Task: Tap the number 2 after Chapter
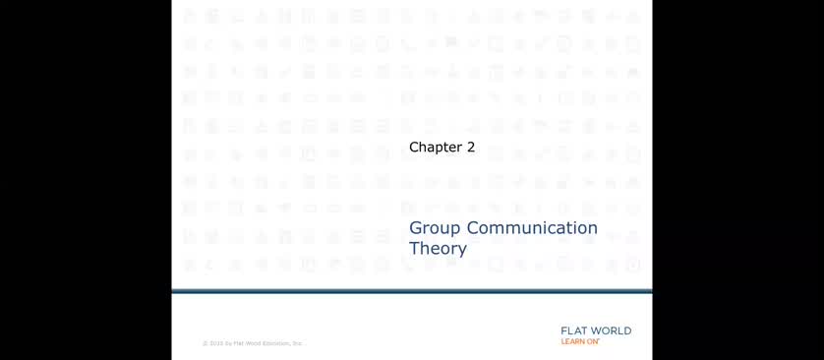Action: (471, 148)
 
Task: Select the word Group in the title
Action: (436, 229)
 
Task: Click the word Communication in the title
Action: (532, 228)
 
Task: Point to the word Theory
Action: (438, 249)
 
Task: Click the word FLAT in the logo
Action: (573, 331)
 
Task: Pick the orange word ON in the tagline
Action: (593, 342)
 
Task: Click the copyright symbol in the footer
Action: (205, 343)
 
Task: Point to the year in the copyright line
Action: (215, 343)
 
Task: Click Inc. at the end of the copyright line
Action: (297, 343)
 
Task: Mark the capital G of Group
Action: (416, 228)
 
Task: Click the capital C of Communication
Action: (474, 228)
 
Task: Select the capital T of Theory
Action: (414, 248)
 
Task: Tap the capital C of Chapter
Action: (414, 148)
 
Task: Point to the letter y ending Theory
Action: (462, 251)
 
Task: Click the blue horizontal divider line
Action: (412, 291)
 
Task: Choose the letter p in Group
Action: (456, 231)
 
